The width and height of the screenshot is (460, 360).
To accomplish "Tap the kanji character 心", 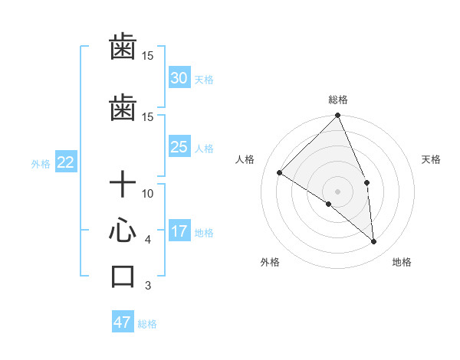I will tap(123, 231).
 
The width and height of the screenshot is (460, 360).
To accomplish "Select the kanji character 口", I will tap(123, 276).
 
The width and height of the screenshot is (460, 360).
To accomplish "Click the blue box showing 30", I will tap(179, 77).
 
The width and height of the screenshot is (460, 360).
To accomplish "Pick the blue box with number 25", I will tap(179, 147).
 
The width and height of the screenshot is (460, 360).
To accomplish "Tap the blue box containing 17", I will tap(179, 231).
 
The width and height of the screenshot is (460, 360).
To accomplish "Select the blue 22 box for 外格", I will tap(65, 162).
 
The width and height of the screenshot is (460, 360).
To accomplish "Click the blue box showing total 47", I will tap(123, 322).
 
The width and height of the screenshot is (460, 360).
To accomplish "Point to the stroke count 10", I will tap(148, 193).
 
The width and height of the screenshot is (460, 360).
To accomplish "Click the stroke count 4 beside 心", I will tap(148, 240).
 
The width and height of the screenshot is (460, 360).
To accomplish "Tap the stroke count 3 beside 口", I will tap(148, 286).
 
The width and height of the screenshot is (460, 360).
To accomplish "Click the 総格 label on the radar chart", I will tap(337, 100).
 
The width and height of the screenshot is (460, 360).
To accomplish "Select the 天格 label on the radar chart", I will tap(431, 159).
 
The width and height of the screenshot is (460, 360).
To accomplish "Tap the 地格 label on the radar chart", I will tap(402, 263).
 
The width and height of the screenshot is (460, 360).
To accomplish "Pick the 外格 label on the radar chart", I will tap(270, 263).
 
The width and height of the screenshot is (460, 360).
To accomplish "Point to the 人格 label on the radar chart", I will tap(245, 159).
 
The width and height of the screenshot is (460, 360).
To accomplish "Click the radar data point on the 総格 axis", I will tap(337, 116).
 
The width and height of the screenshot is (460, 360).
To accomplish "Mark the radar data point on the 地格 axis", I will tap(373, 241).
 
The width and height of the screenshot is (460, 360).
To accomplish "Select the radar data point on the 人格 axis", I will tap(280, 173).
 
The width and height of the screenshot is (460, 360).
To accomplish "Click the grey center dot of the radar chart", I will tap(337, 191).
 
